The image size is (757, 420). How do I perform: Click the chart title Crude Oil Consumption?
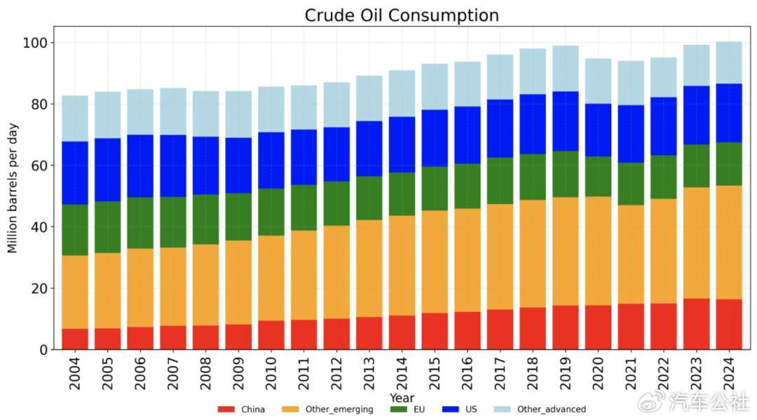pyautogui.click(x=402, y=15)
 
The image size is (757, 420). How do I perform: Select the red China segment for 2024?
pyautogui.click(x=728, y=324)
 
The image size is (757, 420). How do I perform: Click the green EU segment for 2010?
pyautogui.click(x=271, y=212)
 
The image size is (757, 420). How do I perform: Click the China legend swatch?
pyautogui.click(x=226, y=409)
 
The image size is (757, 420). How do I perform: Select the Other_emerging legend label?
pyautogui.click(x=339, y=409)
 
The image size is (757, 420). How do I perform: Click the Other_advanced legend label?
pyautogui.click(x=551, y=409)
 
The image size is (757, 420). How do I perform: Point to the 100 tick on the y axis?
pyautogui.click(x=35, y=43)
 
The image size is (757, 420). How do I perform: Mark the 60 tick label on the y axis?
pyautogui.click(x=39, y=165)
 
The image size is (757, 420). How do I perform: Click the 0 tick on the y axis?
pyautogui.click(x=43, y=349)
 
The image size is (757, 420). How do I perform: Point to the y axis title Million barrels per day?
pyautogui.click(x=13, y=187)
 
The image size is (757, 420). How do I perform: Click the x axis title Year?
pyautogui.click(x=402, y=398)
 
